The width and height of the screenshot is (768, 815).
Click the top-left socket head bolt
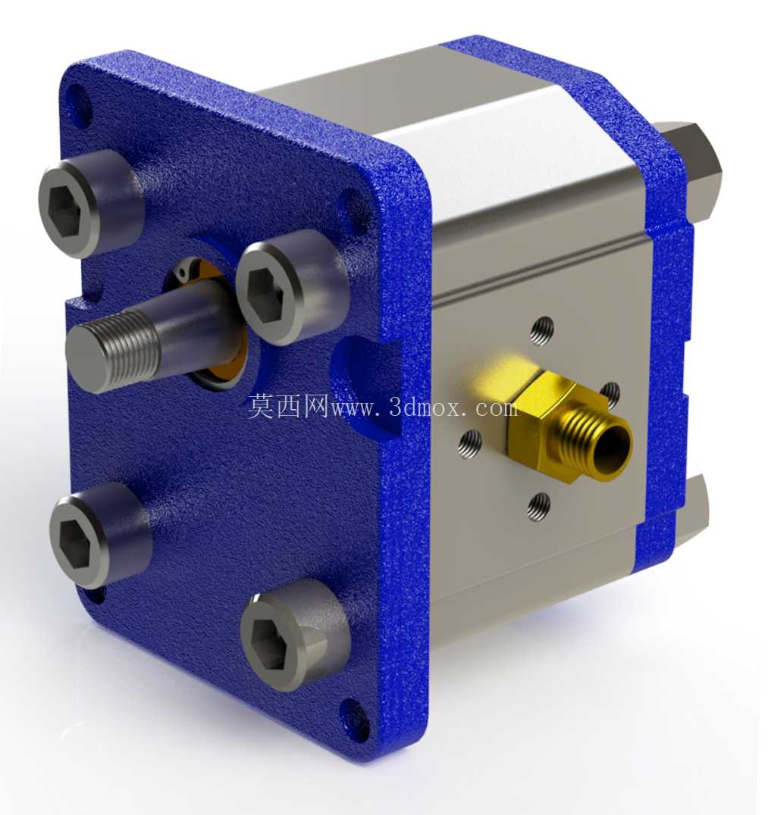click(89, 203)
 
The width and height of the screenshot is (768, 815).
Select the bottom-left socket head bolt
click(99, 536)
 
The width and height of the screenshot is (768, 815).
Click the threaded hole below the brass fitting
click(539, 506)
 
